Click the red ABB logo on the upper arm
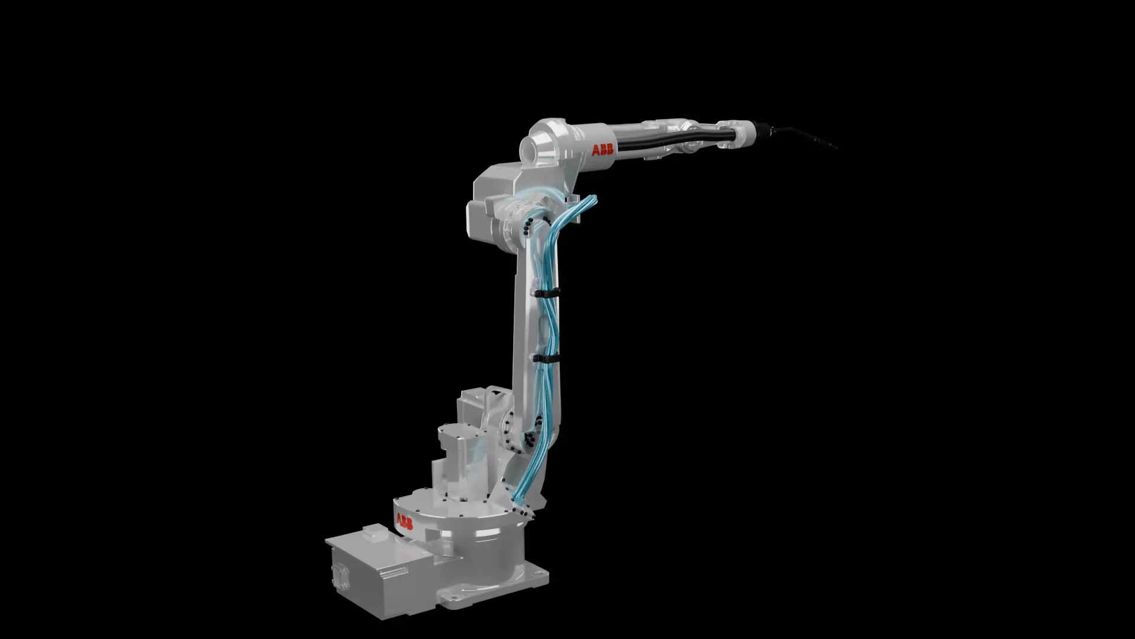click(602, 150)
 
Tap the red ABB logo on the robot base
click(404, 522)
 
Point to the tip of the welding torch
click(835, 147)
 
